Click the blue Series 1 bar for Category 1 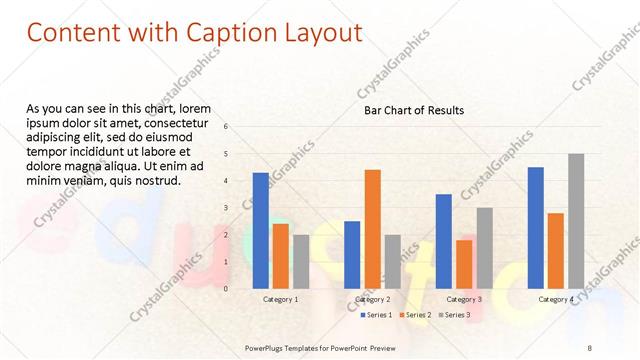(260, 230)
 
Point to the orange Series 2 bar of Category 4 (556, 250)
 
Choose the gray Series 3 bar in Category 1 (301, 261)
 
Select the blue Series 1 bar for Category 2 (352, 254)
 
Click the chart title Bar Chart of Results (413, 110)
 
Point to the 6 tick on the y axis (226, 127)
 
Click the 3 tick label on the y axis (226, 208)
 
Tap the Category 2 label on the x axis (372, 299)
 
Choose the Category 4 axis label (556, 299)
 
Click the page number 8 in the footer (590, 347)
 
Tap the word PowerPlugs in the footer (267, 347)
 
